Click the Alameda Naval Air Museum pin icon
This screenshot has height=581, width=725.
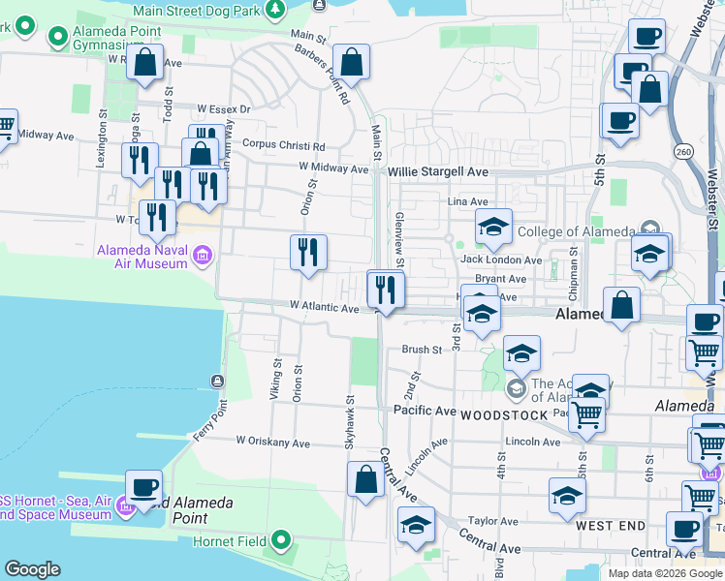203,256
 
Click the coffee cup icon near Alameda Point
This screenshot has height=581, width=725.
143,489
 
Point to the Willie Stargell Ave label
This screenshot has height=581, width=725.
438,171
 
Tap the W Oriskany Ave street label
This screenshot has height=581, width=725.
273,443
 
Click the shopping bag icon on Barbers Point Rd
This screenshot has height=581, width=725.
351,63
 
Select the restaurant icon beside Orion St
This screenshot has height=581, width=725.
308,254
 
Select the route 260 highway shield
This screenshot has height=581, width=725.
684,152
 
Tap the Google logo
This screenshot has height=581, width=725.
32,569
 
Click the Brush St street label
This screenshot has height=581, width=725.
422,350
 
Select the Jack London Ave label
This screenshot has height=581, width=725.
501,260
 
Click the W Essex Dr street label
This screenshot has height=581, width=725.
223,109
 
